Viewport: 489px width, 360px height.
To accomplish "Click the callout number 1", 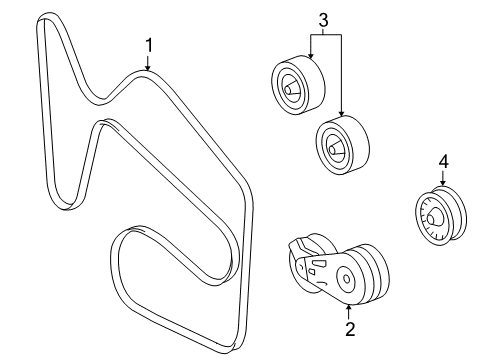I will (x=148, y=45).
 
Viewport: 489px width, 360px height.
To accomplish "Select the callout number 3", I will (x=323, y=19).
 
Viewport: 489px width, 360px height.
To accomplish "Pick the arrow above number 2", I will (x=350, y=308).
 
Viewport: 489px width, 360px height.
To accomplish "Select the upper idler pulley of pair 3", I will (x=294, y=82).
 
